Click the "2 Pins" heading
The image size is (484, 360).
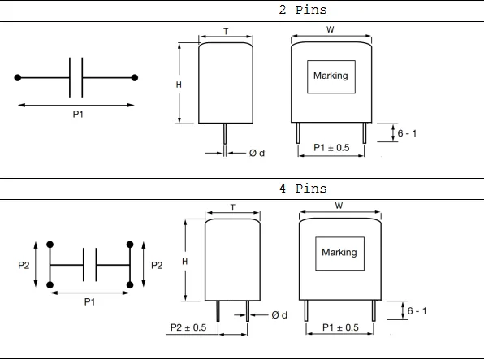tap(303, 11)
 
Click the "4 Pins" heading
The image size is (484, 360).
tap(303, 189)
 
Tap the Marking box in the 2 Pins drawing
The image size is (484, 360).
tap(330, 76)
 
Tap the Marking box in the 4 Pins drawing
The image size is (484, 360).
tap(339, 253)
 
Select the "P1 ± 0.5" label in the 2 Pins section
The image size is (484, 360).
tap(331, 149)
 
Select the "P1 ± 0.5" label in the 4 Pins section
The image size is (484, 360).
tap(340, 327)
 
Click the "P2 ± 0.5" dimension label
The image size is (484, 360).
tap(188, 327)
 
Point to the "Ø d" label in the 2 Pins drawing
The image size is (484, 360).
tap(257, 153)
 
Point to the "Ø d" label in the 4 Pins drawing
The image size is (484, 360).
tap(279, 315)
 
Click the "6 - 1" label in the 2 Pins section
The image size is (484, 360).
tap(408, 133)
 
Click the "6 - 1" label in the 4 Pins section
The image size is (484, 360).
tap(418, 311)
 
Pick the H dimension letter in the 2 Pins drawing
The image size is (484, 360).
tap(181, 84)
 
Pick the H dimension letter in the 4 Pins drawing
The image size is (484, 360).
tap(185, 262)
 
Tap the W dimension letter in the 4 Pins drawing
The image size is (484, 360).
tap(338, 206)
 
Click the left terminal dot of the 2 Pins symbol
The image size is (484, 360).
tap(17, 78)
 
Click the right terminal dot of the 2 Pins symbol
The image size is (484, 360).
tap(134, 78)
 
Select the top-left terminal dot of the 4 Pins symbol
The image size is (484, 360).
tap(50, 245)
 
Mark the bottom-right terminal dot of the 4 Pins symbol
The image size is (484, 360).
tap(130, 284)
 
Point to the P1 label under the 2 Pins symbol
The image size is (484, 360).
tap(78, 115)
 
